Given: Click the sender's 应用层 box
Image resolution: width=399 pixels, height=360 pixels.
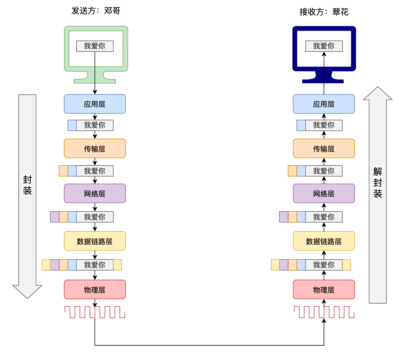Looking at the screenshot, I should [95, 104].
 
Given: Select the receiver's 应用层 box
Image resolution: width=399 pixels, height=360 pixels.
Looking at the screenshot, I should [323, 104].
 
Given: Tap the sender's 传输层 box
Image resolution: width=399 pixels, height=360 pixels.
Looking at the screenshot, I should [95, 148].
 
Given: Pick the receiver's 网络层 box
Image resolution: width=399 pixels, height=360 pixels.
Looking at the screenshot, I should [323, 193].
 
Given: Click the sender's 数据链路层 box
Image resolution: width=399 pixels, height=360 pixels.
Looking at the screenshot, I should [95, 241].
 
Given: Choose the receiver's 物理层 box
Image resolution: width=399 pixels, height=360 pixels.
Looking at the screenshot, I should [323, 289].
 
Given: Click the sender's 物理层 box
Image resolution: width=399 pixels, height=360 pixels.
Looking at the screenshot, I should [95, 289].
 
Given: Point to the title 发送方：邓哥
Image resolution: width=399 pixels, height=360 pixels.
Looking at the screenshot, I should [96, 11].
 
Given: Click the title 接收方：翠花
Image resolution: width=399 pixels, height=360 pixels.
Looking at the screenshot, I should [324, 12].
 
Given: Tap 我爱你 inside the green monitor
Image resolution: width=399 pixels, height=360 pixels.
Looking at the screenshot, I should [95, 46].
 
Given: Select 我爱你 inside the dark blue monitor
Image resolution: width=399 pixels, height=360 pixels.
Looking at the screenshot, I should [324, 46].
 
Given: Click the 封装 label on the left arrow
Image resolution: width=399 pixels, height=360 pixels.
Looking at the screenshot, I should [27, 185].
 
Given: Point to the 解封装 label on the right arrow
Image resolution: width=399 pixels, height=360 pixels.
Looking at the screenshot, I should [378, 182].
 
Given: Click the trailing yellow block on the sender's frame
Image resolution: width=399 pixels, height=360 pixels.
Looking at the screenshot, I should [117, 265].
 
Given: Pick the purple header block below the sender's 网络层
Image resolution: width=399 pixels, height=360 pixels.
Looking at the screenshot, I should [55, 217].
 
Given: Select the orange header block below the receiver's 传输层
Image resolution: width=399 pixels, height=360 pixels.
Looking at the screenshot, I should [292, 171].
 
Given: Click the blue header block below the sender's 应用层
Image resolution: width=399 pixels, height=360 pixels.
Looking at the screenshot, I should [72, 125].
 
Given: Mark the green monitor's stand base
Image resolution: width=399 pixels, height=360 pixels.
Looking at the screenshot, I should [95, 81].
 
